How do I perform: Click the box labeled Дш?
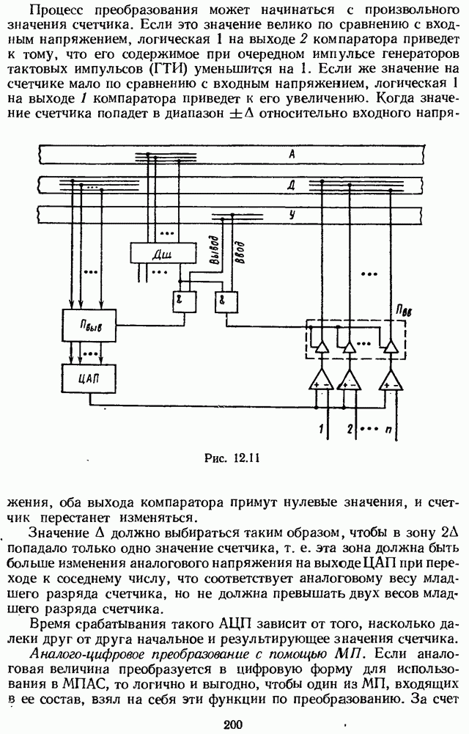point(158,253)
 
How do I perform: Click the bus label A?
point(292,154)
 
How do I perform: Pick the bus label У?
point(292,214)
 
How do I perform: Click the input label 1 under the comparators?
point(320,427)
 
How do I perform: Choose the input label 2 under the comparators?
point(350,427)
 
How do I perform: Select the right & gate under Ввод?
point(222,301)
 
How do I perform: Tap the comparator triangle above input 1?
point(320,379)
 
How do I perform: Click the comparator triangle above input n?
point(390,379)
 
